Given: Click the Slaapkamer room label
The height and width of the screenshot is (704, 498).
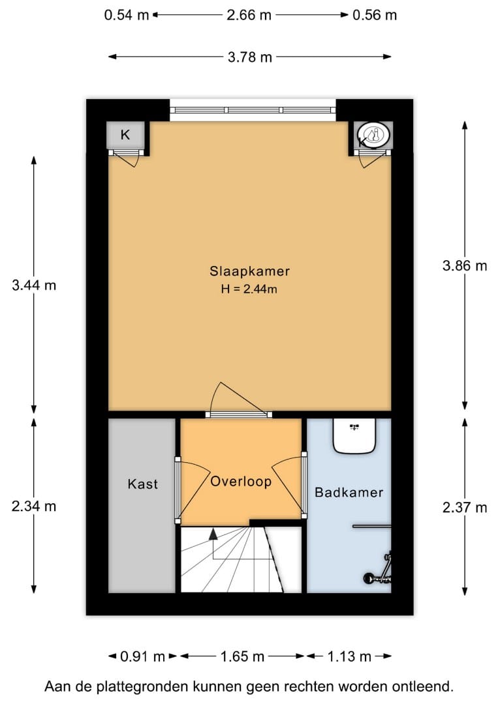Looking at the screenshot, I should (249, 271).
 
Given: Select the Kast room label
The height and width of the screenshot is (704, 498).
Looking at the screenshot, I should (142, 484).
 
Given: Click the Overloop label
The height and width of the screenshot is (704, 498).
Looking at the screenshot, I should (241, 482).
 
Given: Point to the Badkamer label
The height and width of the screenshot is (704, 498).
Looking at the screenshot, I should (349, 492).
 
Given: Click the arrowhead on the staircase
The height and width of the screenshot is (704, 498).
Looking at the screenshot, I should (213, 534).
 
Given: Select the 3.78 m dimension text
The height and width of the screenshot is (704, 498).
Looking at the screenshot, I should (249, 57).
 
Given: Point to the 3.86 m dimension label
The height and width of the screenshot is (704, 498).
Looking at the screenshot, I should (465, 265).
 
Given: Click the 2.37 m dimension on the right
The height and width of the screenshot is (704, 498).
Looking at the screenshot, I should (465, 508).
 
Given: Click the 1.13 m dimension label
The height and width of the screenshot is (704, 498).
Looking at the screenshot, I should (349, 656).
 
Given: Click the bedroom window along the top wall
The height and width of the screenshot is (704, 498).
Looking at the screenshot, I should (253, 110).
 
